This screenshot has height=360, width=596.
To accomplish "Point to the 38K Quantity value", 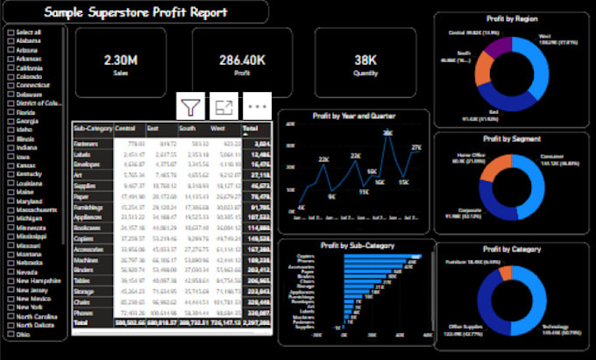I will tap(365, 60).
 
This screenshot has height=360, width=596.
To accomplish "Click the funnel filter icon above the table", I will tap(190, 107).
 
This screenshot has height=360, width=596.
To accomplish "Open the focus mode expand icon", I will tap(223, 107).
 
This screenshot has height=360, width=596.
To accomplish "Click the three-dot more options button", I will tap(257, 107).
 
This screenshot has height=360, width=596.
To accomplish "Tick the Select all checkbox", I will tap(11, 32).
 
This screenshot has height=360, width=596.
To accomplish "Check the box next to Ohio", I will tap(11, 334).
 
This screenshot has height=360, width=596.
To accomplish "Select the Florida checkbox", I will tap(11, 113).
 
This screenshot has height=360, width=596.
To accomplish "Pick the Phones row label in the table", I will tap(85, 312).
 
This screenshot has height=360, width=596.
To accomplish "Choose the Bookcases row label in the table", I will tap(89, 227).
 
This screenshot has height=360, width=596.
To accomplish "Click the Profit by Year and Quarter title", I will tap(353, 116).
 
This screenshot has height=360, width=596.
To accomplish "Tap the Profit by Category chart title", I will tap(512, 249).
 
